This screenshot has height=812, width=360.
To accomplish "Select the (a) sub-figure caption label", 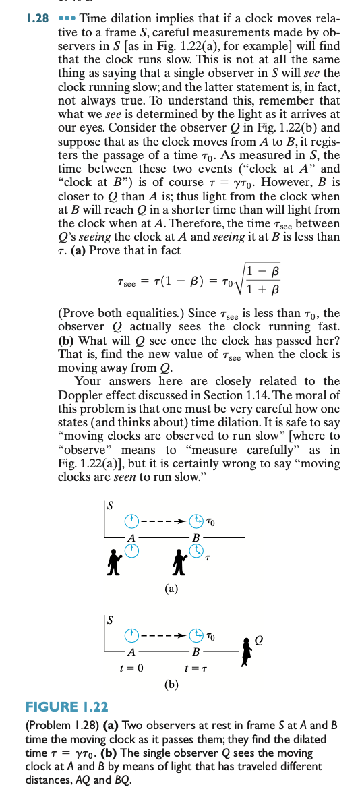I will click(x=172, y=588).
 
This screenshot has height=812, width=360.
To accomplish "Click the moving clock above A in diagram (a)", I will click(x=132, y=520).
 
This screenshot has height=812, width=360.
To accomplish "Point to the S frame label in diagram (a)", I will click(x=109, y=503).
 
